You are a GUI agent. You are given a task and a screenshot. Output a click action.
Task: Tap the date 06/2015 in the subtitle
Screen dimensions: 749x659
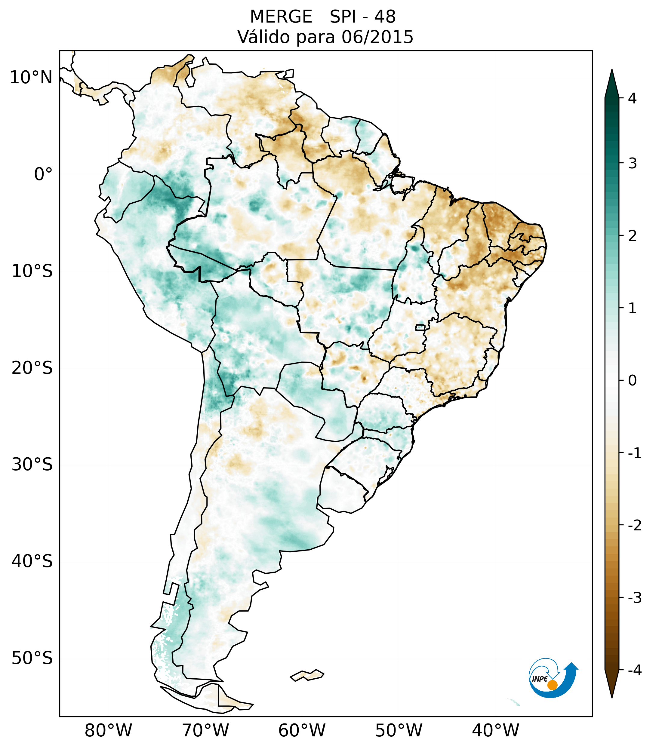pyautogui.click(x=377, y=37)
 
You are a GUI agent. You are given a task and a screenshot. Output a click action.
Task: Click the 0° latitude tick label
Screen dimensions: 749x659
pyautogui.click(x=43, y=174)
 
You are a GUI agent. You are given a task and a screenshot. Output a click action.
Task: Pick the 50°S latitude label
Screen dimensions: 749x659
pyautogui.click(x=32, y=658)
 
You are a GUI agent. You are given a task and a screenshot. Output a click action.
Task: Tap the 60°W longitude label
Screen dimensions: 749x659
pyautogui.click(x=302, y=731)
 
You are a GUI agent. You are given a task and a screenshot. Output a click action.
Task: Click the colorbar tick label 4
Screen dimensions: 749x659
pyautogui.click(x=632, y=98)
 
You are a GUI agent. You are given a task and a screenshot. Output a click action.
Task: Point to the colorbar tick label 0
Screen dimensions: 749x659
pyautogui.click(x=632, y=381)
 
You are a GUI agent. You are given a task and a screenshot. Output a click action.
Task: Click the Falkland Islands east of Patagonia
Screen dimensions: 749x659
pyautogui.click(x=307, y=675)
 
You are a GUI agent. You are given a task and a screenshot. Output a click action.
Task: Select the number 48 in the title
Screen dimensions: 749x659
pyautogui.click(x=385, y=17)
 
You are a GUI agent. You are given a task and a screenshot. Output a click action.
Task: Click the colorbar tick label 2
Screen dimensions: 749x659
pyautogui.click(x=632, y=236)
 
